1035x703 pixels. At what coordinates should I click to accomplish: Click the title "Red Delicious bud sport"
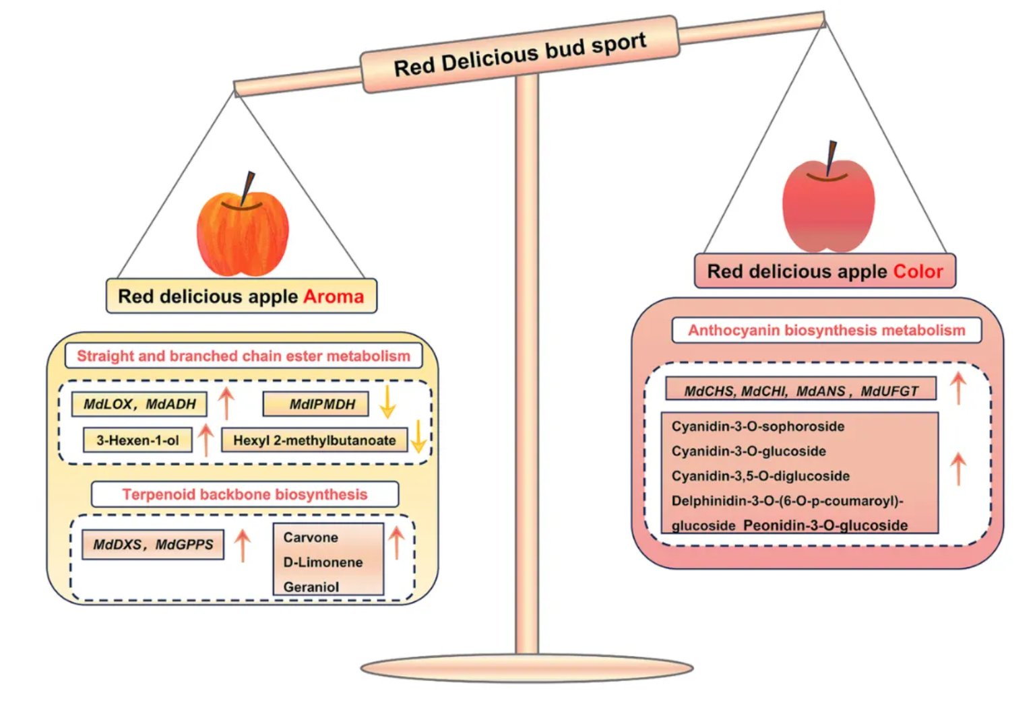tap(520, 54)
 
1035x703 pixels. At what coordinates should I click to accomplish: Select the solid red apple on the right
tap(828, 205)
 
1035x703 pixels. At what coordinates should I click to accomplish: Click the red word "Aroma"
tap(333, 296)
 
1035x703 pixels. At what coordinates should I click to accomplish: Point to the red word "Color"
tap(918, 271)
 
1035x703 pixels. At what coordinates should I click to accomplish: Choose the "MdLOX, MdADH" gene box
tap(139, 404)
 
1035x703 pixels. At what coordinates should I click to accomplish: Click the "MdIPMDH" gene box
tap(315, 404)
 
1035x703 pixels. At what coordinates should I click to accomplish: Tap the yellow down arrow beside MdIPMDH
tap(387, 403)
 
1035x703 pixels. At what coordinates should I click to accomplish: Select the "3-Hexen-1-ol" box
tap(137, 440)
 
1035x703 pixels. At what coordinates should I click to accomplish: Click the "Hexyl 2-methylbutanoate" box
tap(314, 440)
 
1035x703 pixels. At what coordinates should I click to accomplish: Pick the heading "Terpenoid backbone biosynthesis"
tap(245, 494)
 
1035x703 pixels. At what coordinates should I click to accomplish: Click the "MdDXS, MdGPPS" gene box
tap(153, 544)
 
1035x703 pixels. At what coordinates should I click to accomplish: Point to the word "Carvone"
tap(311, 537)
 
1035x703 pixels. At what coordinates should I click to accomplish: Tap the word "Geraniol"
tap(311, 587)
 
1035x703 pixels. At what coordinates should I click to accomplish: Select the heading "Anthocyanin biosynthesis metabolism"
tap(826, 330)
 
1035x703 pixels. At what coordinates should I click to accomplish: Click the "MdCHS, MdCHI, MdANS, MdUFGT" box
tap(801, 391)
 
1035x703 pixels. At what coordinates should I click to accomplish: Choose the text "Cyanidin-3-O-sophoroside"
tap(757, 426)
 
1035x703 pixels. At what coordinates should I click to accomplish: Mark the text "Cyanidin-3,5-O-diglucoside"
tap(760, 476)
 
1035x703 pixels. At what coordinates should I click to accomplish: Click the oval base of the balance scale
tap(527, 668)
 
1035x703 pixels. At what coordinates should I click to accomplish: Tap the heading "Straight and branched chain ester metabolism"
tap(243, 356)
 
